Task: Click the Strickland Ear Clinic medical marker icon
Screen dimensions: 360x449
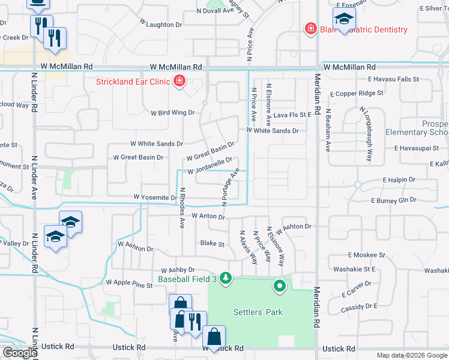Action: coord(179,81)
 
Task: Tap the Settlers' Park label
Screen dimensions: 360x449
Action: coord(258,312)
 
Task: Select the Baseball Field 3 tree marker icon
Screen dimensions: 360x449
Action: coord(226,278)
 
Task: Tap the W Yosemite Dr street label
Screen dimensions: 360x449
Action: coord(155,197)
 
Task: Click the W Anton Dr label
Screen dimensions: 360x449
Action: coord(208,215)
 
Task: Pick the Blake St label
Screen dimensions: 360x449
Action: coord(212,244)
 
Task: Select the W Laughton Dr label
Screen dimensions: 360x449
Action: coord(160,25)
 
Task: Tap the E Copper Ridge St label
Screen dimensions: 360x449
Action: coord(375,93)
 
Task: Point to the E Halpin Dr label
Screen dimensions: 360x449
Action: coord(399,180)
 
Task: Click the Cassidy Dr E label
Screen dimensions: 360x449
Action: coord(359,307)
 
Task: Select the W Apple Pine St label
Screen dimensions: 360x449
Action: coord(129,282)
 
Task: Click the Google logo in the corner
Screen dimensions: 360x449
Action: coord(20,353)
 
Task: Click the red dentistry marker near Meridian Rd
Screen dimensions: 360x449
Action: coord(310,29)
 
